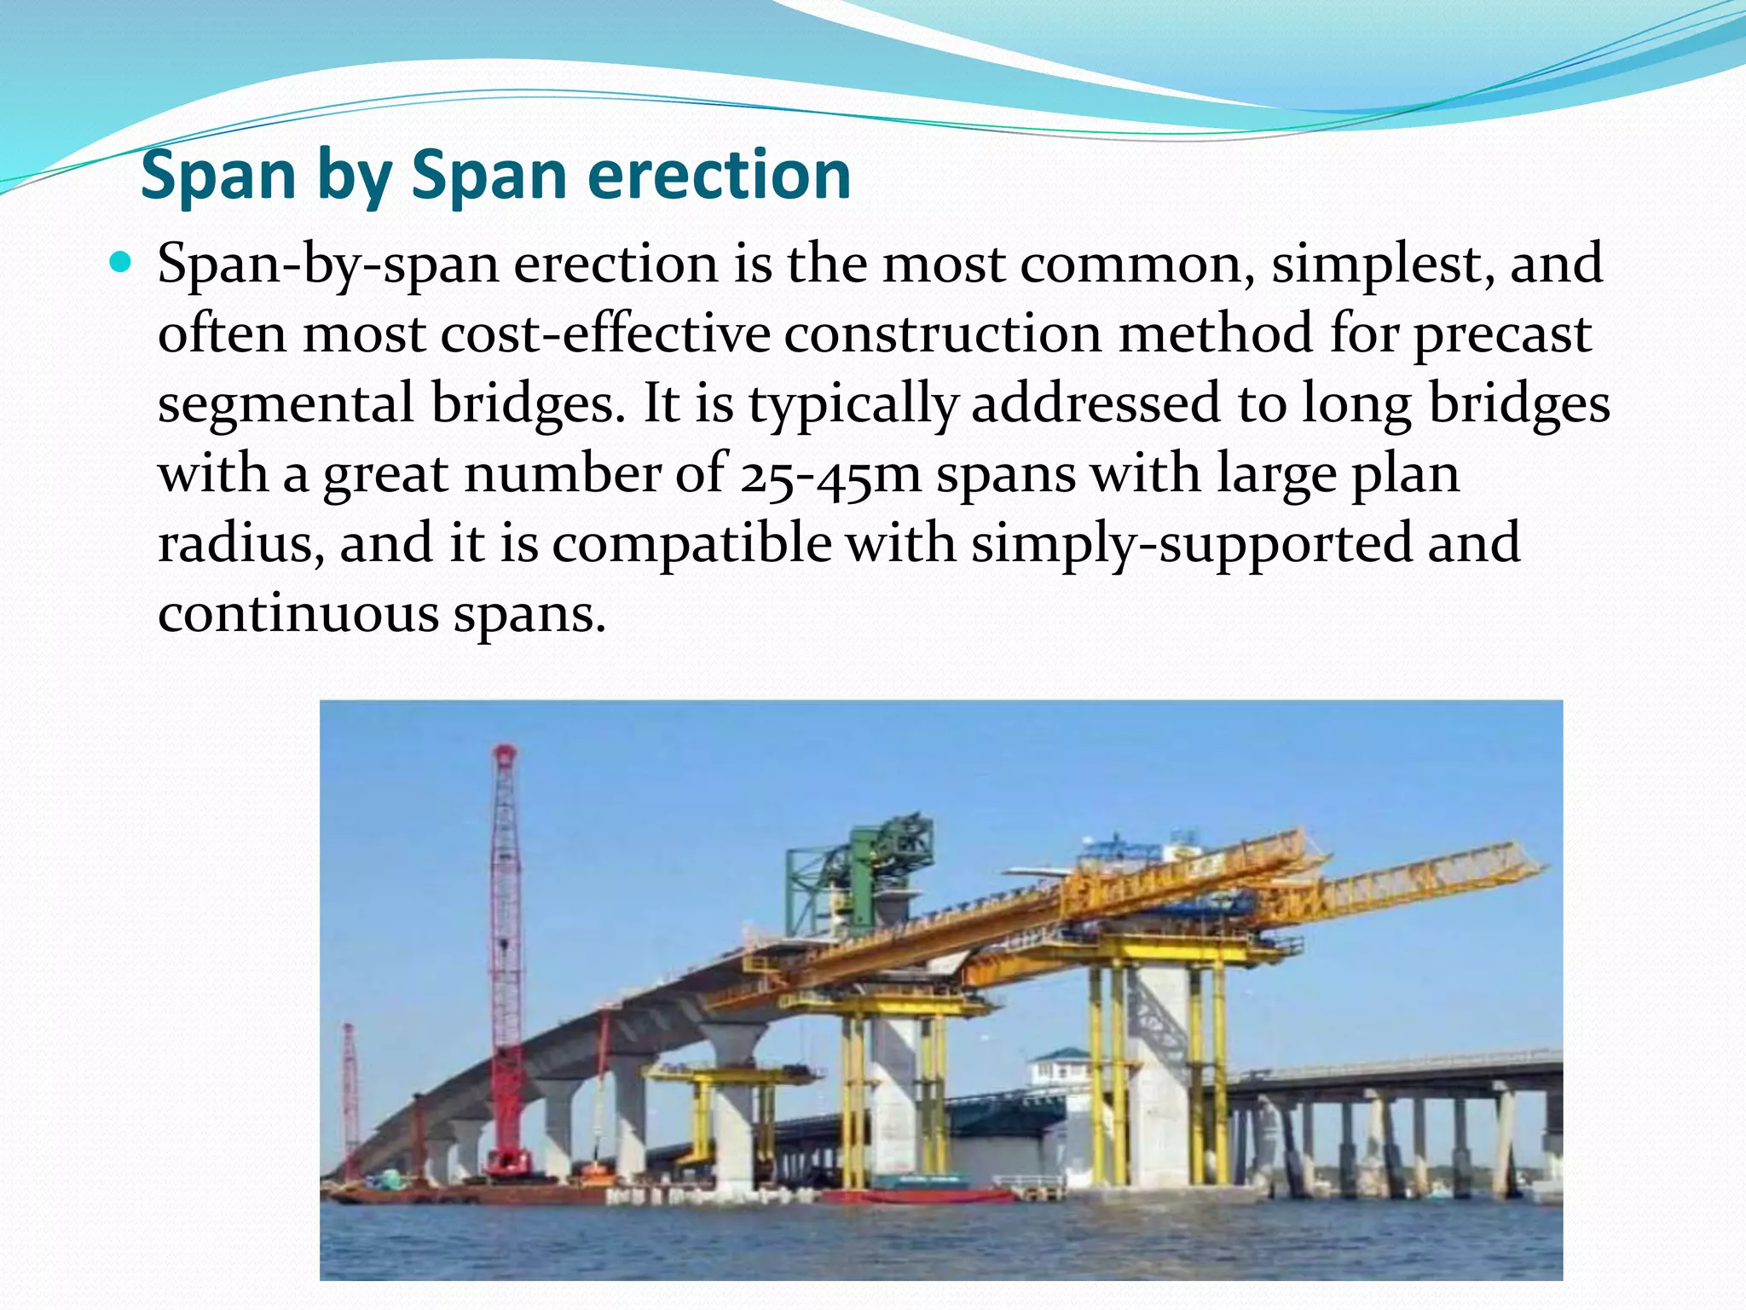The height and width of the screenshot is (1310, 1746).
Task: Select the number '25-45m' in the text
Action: click(830, 474)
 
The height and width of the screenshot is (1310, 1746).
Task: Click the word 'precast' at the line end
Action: click(1502, 334)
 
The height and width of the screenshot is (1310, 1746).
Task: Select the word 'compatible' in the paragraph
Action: click(691, 544)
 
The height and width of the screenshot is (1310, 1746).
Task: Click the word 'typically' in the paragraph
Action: click(853, 404)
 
